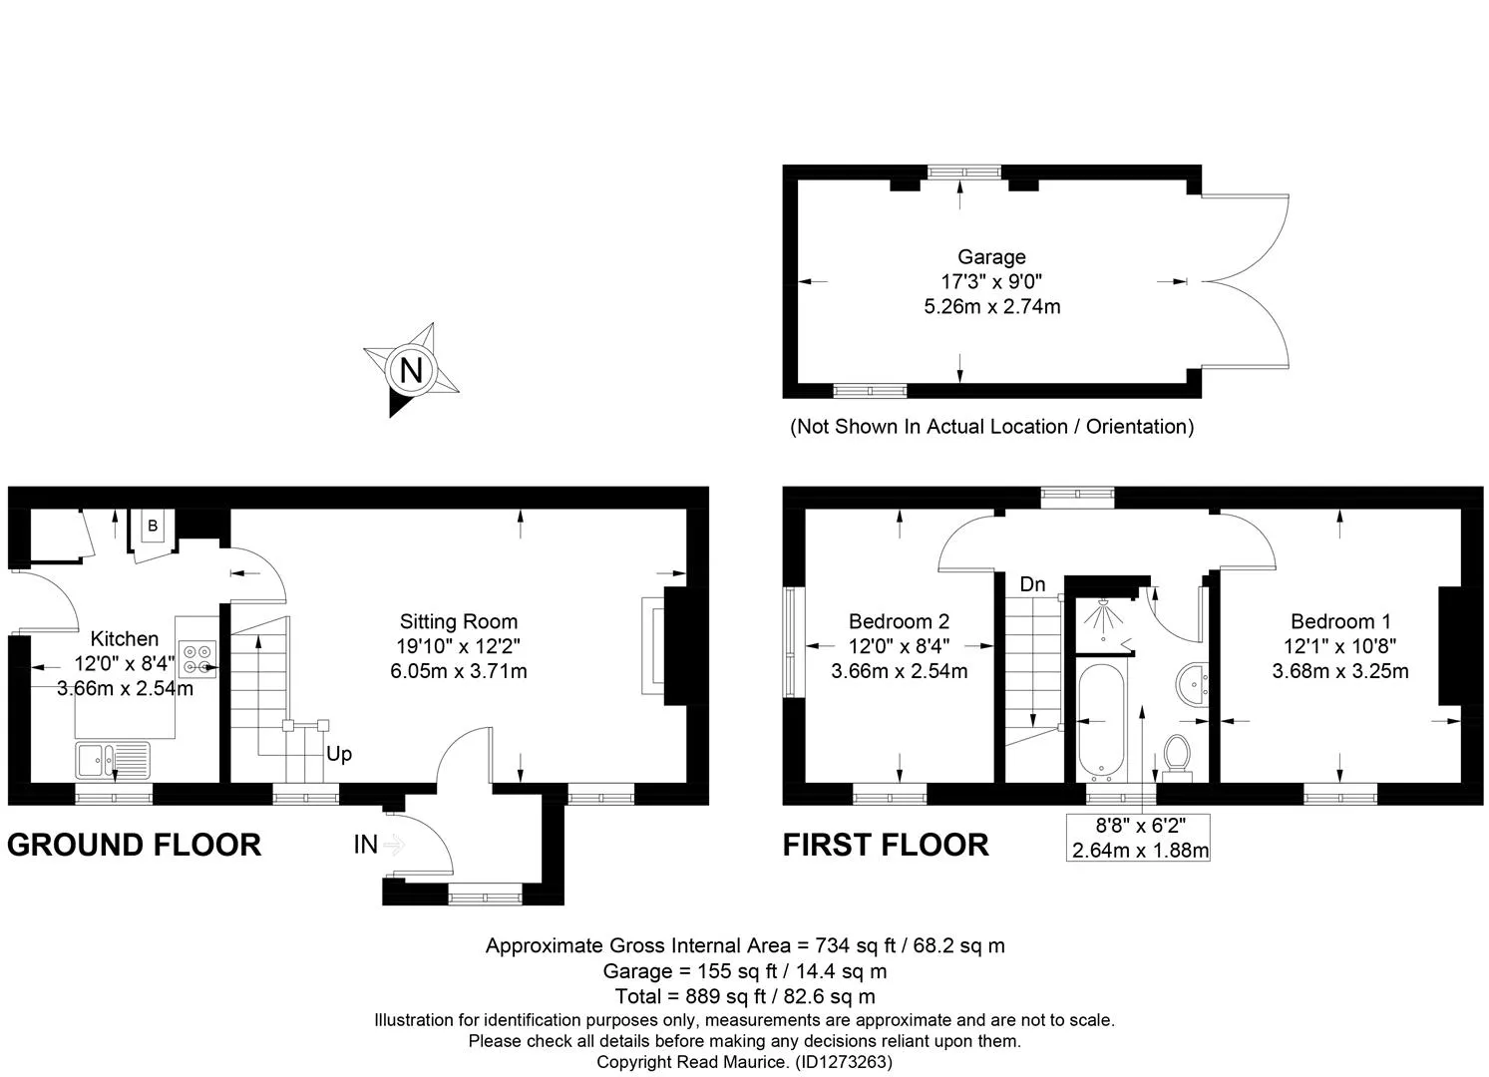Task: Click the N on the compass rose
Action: tap(412, 370)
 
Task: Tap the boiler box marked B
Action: tap(153, 526)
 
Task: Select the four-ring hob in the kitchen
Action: tap(197, 659)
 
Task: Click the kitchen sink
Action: tap(113, 760)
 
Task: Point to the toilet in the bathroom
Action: tap(1177, 758)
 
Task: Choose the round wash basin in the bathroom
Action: tap(1192, 684)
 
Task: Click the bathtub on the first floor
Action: tap(1101, 721)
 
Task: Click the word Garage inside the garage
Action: tap(991, 256)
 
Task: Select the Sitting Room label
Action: tap(459, 621)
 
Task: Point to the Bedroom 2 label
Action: tap(899, 621)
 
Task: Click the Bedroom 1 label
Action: tap(1340, 621)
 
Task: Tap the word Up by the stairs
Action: tap(339, 754)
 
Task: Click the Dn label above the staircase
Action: tap(1032, 584)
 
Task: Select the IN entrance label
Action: tap(366, 845)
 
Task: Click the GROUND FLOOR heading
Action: tap(135, 845)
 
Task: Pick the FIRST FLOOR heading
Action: tap(886, 845)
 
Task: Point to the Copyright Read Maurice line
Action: tap(744, 1062)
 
